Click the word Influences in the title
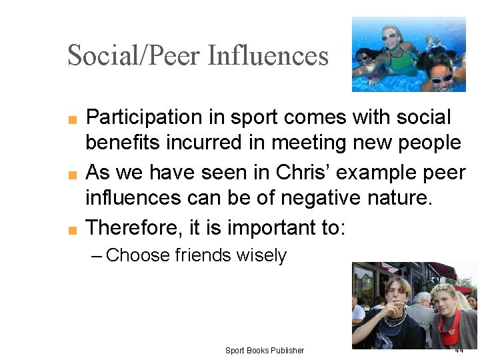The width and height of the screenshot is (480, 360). coord(268,55)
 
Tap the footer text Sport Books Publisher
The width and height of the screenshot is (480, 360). coord(264,351)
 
